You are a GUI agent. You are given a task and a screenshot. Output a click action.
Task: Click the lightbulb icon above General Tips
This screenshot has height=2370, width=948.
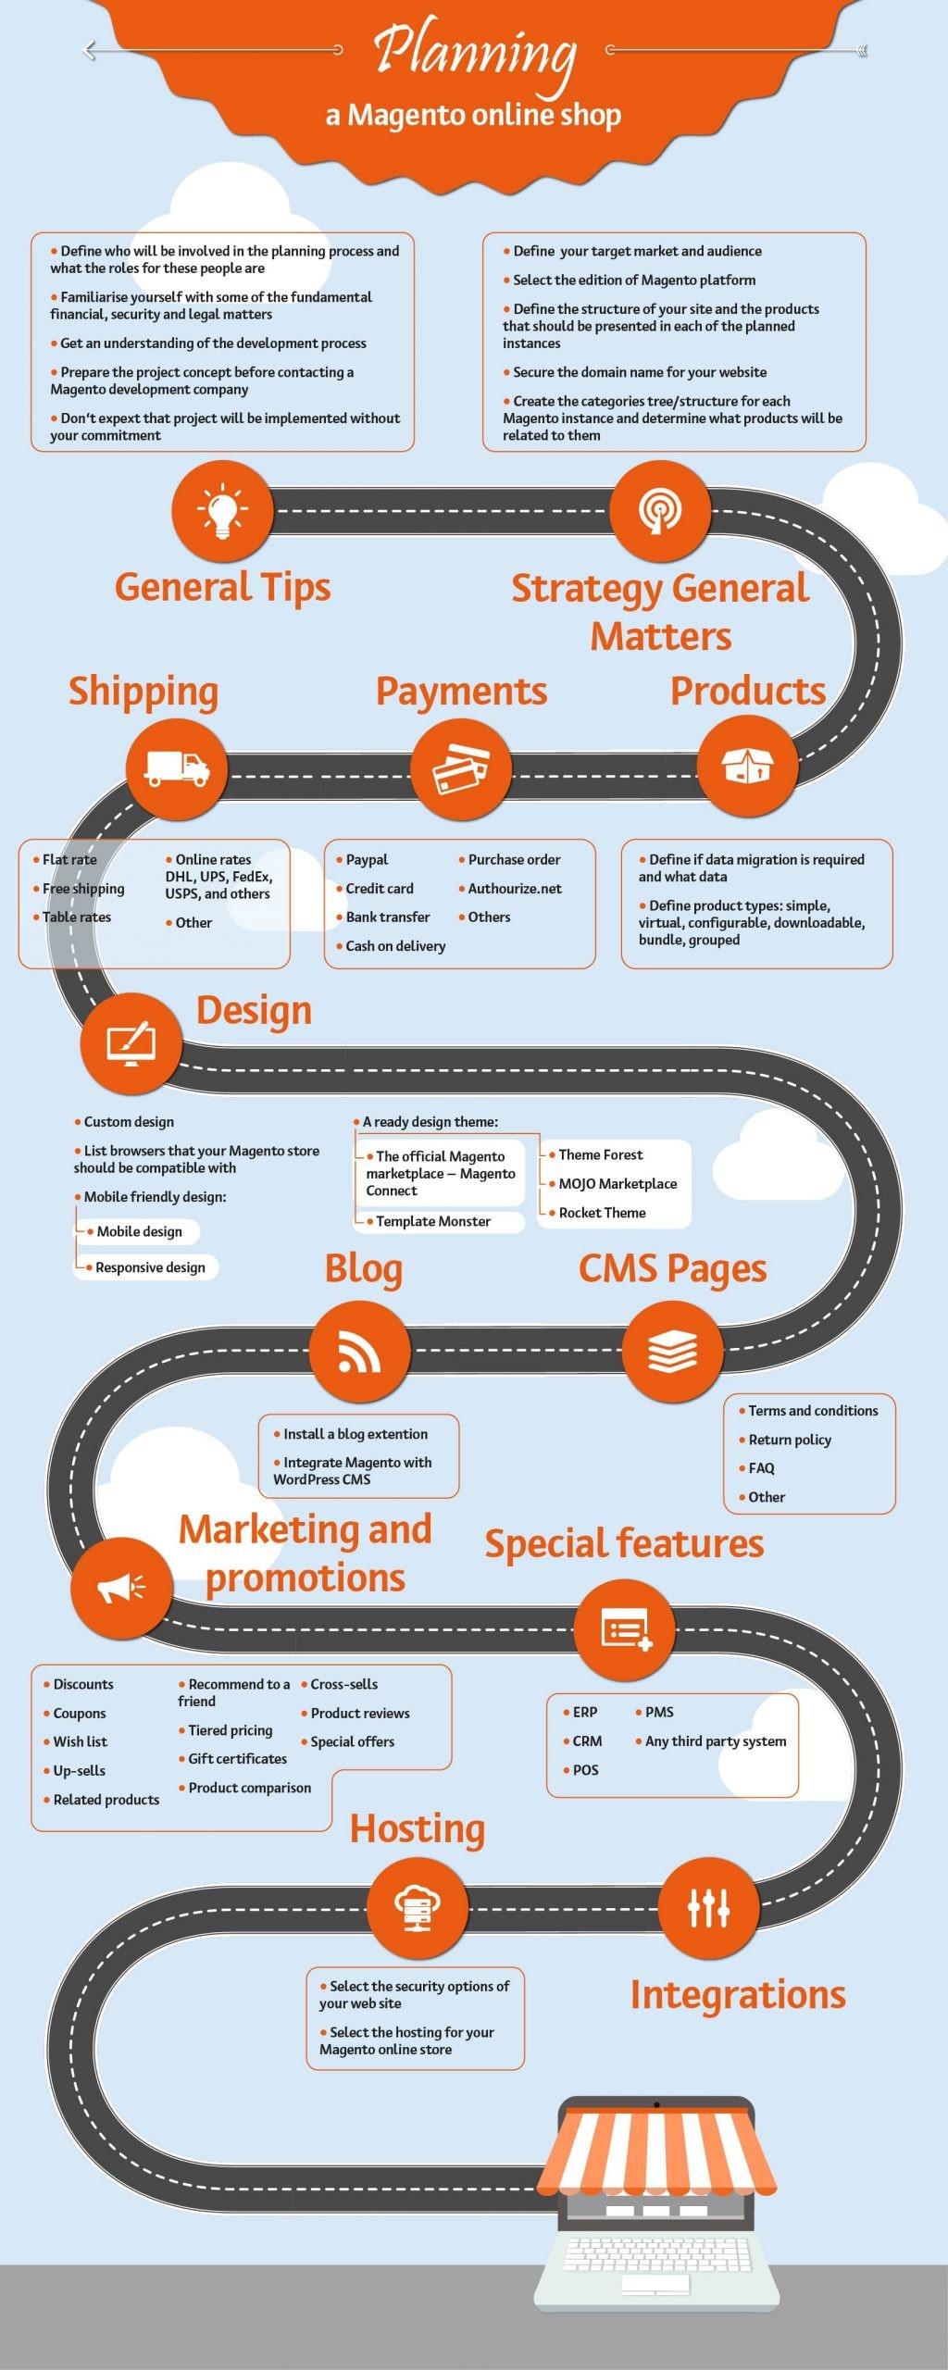tap(222, 510)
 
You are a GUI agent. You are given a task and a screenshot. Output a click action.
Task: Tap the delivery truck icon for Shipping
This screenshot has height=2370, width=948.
tap(176, 768)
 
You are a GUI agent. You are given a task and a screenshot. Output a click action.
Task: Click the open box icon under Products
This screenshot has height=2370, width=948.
tap(747, 767)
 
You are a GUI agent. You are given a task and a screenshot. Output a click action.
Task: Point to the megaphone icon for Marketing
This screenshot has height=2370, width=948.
tap(121, 1588)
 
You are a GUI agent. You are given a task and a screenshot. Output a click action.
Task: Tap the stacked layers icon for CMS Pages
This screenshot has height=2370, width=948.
tap(672, 1351)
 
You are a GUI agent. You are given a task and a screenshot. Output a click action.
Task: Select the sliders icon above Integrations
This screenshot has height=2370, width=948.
tap(708, 1907)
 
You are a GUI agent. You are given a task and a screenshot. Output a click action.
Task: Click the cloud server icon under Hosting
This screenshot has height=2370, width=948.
tap(418, 1907)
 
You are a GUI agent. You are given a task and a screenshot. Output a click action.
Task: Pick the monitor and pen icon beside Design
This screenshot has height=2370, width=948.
tap(131, 1042)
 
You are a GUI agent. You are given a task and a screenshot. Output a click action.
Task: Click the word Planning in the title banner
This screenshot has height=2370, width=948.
tap(476, 51)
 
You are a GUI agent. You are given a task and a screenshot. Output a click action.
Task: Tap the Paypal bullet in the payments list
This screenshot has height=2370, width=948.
tap(367, 860)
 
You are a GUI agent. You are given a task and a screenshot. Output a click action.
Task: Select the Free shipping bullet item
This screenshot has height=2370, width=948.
tap(82, 889)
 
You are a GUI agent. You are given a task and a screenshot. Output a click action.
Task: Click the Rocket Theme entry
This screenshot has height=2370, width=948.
tap(602, 1213)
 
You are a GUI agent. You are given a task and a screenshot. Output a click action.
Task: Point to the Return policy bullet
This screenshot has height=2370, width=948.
tap(789, 1440)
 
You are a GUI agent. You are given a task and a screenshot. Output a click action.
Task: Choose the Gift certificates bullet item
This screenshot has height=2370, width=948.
tap(237, 1759)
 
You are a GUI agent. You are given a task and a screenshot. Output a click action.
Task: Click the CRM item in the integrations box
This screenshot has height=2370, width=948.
tap(587, 1741)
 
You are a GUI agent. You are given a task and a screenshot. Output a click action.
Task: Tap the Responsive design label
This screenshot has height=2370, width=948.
tap(150, 1267)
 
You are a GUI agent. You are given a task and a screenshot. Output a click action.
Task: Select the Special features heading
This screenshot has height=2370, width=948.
tap(624, 1544)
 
